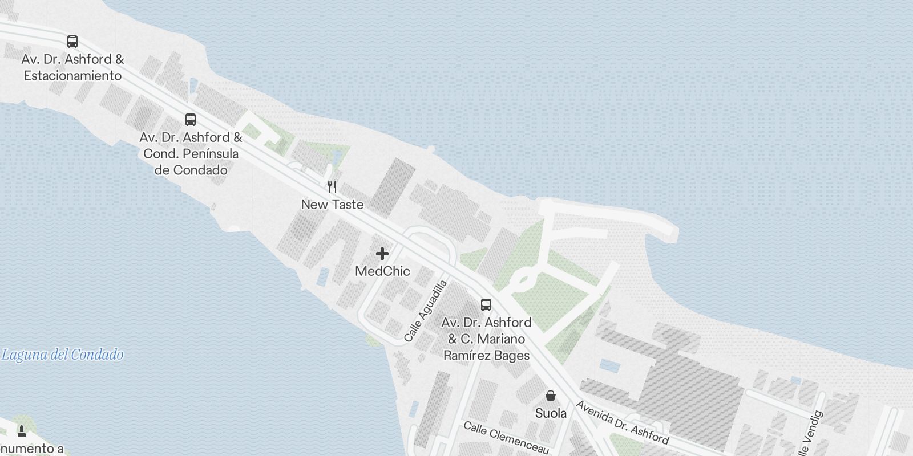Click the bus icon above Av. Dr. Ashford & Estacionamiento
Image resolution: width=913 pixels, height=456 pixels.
[72, 41]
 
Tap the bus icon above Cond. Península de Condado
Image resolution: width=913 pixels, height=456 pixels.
[191, 120]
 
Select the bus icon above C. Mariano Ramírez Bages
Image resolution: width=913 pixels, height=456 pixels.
[486, 304]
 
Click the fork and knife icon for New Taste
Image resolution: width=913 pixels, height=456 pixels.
[332, 186]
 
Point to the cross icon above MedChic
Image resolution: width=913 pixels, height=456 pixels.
[382, 254]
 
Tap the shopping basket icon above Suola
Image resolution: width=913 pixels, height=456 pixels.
[551, 395]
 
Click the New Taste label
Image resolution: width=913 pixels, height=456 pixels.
[332, 204]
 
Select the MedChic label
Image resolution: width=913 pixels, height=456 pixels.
[382, 271]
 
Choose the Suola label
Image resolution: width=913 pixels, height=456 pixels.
[551, 413]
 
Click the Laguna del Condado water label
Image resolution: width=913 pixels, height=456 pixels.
[62, 355]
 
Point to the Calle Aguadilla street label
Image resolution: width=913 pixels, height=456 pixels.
[426, 311]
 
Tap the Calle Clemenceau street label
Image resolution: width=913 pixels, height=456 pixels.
[506, 438]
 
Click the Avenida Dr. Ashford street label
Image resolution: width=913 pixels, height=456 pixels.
[622, 422]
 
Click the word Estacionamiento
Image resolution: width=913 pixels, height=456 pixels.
[72, 75]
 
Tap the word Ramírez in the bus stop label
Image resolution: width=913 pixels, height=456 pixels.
[466, 355]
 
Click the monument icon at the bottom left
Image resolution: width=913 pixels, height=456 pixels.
[22, 430]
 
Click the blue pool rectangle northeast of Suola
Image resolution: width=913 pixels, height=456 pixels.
[609, 366]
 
